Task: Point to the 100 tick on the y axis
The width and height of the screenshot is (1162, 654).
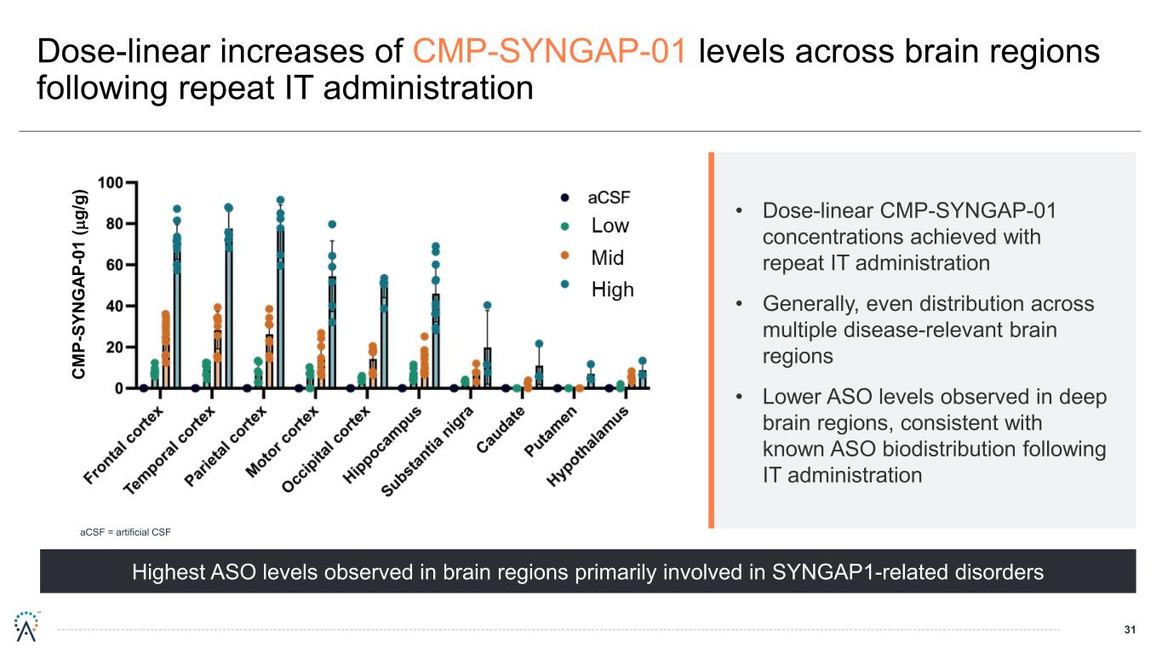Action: (x=110, y=182)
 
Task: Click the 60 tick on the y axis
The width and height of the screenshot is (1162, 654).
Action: (x=114, y=265)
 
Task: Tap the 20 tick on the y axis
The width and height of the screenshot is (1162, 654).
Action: (x=114, y=347)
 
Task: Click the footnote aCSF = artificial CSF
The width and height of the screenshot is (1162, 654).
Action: (x=125, y=533)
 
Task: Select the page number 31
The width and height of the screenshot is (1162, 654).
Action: (x=1131, y=630)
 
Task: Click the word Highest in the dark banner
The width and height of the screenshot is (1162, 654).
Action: (x=169, y=572)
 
